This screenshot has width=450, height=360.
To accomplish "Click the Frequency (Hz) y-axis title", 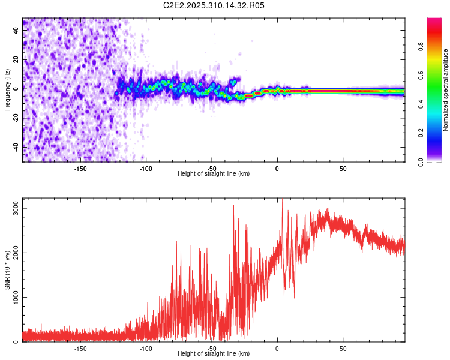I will [x=8, y=90].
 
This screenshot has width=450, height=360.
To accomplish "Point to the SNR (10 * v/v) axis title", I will [x=8, y=270].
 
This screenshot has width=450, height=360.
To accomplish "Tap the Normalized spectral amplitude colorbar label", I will [x=446, y=90].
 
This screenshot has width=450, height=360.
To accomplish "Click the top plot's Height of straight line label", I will [x=214, y=173].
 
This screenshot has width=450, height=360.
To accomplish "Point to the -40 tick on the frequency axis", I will [x=16, y=147].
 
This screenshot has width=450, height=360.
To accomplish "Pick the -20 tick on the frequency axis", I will [x=16, y=118].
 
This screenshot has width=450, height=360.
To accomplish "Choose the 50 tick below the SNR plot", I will [x=343, y=348].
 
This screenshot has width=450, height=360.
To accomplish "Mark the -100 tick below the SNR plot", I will [x=146, y=348].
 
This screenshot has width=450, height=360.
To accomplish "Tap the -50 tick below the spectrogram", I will [x=212, y=168].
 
